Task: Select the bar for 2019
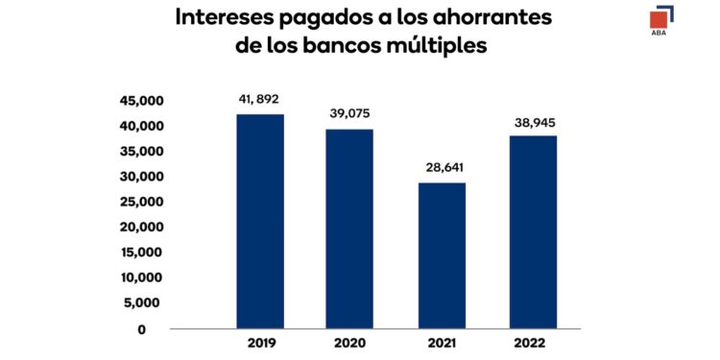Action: coord(260,222)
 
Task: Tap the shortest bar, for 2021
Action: coord(442,255)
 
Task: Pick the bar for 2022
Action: coord(533,232)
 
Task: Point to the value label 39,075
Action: coord(350,112)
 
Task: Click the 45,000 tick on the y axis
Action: coord(141,101)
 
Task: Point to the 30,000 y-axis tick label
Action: coord(141,177)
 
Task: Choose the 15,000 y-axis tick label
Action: coord(141,252)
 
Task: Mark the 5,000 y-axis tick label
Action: coord(145,303)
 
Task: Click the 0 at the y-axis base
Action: coord(141,329)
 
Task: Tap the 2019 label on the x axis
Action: coord(260,342)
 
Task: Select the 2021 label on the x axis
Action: coord(442,342)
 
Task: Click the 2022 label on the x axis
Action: coord(533,342)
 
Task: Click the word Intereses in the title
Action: coord(228,19)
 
